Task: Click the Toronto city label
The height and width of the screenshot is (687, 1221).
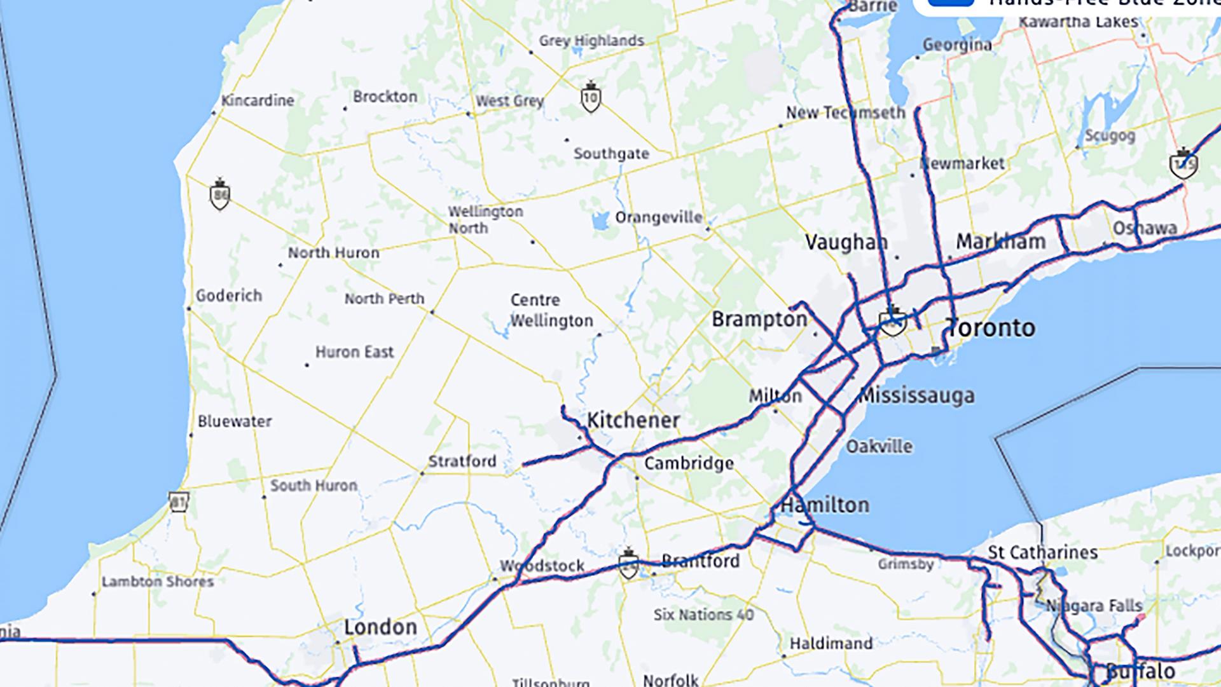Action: coord(991,328)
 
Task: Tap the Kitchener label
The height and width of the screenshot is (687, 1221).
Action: coord(633,420)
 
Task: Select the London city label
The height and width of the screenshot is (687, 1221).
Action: coord(380,627)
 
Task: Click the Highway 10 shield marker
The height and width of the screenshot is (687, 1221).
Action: coord(591,97)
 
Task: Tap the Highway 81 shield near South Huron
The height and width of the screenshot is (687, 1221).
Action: coord(179,502)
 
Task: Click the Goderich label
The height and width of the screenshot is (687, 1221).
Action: coord(228,296)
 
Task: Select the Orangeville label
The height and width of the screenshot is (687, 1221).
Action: coord(658,218)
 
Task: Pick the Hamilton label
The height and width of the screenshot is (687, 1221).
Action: coord(825,505)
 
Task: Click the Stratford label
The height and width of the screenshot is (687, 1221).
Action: coord(462,461)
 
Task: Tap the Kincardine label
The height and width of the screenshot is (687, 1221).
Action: coord(257,100)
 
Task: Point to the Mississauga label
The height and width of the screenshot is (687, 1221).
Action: coord(916,395)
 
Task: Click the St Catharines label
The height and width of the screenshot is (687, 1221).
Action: coord(1042,552)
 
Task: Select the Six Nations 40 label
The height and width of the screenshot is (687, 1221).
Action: coord(703,615)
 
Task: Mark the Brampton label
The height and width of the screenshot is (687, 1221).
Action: coord(759,319)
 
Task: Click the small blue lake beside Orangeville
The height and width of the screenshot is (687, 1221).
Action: coord(599,221)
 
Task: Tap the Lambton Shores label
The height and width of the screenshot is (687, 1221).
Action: coord(158,582)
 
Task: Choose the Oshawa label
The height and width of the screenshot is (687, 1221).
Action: coord(1145,228)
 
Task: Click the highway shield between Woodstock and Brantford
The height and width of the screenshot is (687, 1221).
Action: coord(628,564)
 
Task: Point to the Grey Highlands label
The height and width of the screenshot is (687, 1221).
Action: coord(591,41)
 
